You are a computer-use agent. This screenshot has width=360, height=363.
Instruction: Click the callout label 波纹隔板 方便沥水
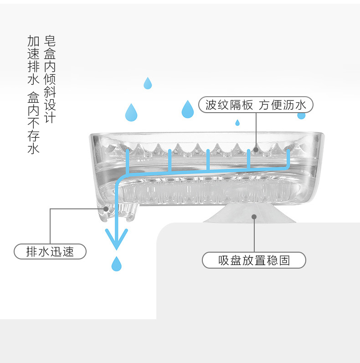(256, 105)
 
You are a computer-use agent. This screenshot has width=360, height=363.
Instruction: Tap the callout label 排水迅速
(50, 251)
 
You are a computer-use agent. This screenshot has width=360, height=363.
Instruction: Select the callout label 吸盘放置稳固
(254, 260)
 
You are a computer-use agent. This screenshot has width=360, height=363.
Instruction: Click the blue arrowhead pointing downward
(116, 239)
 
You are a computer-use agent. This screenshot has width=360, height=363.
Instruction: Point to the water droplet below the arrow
(116, 264)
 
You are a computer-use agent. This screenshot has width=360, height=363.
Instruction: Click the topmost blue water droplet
(148, 83)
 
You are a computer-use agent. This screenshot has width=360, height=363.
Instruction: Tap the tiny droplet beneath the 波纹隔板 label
(237, 123)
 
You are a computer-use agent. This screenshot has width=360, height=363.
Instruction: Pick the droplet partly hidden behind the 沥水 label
(301, 116)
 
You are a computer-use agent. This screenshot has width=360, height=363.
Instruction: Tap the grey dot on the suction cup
(254, 217)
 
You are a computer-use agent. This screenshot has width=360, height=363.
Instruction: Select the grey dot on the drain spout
(106, 209)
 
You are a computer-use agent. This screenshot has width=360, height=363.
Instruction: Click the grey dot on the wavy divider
(256, 150)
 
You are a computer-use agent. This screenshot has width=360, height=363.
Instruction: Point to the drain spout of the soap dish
(117, 212)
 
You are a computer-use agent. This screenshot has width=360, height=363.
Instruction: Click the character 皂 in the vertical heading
(50, 41)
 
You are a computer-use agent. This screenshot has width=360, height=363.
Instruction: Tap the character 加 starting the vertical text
(33, 41)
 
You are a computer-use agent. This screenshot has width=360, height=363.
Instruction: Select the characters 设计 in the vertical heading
(50, 111)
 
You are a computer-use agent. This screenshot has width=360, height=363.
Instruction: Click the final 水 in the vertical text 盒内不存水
(33, 148)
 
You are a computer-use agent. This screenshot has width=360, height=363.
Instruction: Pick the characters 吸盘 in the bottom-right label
(230, 260)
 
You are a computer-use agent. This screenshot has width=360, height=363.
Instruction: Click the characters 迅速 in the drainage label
(62, 252)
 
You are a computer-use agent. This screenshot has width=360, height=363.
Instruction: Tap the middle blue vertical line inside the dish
(208, 160)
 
